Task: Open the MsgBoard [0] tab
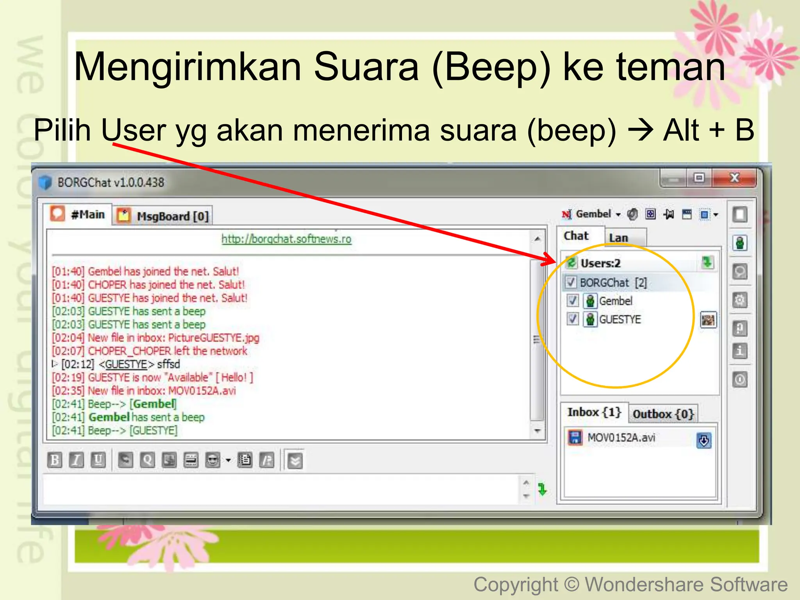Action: coord(164,216)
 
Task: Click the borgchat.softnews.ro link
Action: coord(286,239)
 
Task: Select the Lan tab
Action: coord(618,237)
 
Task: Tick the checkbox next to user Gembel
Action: coord(573,301)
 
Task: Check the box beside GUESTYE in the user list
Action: coord(573,319)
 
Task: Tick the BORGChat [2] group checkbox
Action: coord(571,282)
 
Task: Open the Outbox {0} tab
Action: coord(663,414)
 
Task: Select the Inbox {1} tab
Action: coord(594,412)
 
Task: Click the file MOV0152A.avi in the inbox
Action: coord(621,437)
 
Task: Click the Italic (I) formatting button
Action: coord(76,460)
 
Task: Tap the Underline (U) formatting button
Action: coord(98,460)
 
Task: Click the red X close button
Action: coord(734,178)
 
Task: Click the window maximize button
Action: coord(699,178)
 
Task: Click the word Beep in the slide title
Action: coord(491,67)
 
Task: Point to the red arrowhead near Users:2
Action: coord(549,259)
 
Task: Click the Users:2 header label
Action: coord(600,263)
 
